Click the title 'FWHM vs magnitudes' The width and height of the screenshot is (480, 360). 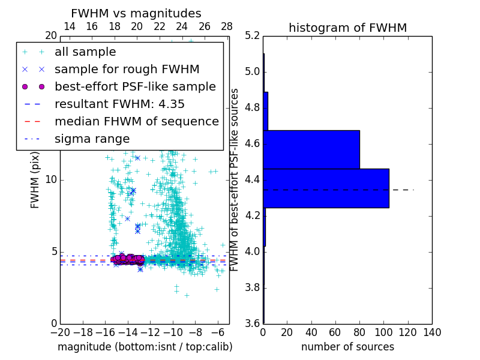tap(136, 14)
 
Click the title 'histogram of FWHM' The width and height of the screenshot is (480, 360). tap(347, 28)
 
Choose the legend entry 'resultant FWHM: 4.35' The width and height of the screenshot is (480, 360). tap(119, 104)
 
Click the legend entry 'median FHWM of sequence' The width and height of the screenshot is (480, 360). tap(136, 122)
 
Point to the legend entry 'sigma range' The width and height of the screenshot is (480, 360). tap(92, 139)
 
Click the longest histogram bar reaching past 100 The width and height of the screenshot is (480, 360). tap(326, 188)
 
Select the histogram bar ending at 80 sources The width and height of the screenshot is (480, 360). tap(311, 149)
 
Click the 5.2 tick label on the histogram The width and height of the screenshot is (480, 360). tap(252, 36)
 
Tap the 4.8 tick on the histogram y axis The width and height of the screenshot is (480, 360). tap(252, 108)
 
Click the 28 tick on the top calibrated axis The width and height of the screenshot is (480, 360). tap(227, 26)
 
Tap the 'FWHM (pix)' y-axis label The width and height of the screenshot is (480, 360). tap(35, 179)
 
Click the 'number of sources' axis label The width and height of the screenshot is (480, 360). tap(347, 347)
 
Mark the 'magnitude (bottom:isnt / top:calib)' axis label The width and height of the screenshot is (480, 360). tap(145, 347)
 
